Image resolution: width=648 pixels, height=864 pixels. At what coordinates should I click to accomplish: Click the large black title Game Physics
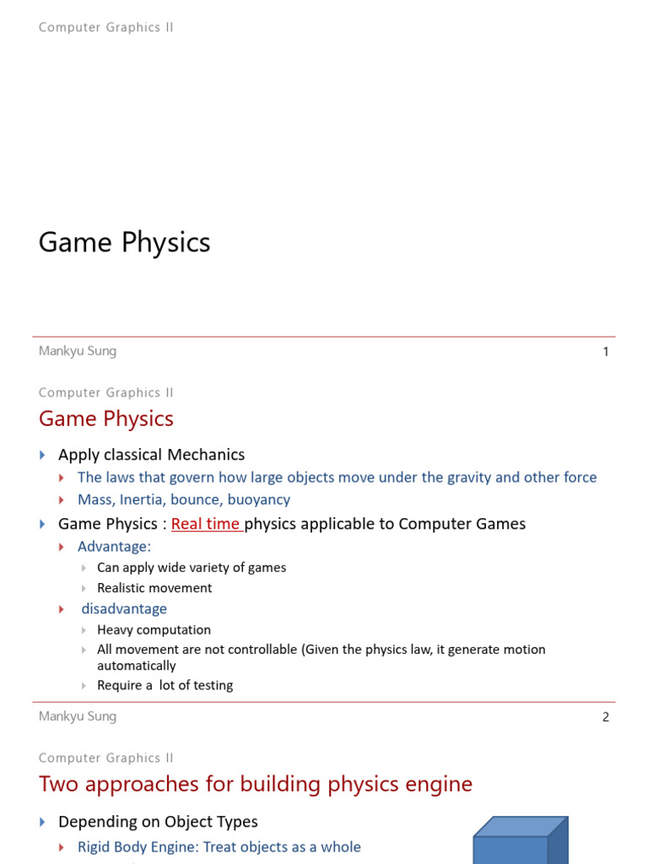(124, 243)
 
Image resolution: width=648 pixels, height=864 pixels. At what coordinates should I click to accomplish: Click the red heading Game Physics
(106, 418)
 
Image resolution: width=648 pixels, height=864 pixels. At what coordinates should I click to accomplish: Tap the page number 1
(606, 352)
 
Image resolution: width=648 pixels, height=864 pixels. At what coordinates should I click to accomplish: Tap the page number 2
(606, 717)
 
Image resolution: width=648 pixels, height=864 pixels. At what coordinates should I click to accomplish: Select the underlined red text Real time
(206, 524)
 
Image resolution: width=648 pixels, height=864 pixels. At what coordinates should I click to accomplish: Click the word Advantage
(114, 547)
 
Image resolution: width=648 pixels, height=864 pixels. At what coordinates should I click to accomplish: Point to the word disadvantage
(124, 608)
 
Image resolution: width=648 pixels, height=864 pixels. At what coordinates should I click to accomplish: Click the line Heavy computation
(154, 629)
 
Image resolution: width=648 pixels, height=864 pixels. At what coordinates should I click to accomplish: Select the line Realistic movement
(154, 588)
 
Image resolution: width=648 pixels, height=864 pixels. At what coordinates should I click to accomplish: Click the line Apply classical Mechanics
(151, 455)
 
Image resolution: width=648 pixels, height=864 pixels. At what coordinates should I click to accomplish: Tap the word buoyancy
(259, 499)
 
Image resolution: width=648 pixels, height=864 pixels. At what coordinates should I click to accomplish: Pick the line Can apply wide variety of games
(192, 568)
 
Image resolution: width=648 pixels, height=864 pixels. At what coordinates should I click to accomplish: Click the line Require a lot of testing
(165, 685)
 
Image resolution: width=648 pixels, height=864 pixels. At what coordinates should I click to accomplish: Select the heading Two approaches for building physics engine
(256, 784)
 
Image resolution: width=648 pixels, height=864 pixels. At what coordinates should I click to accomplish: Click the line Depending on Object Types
(158, 822)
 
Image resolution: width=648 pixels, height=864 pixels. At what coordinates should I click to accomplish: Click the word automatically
(137, 666)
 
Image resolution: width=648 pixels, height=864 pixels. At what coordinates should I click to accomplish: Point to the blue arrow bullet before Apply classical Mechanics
(43, 455)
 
